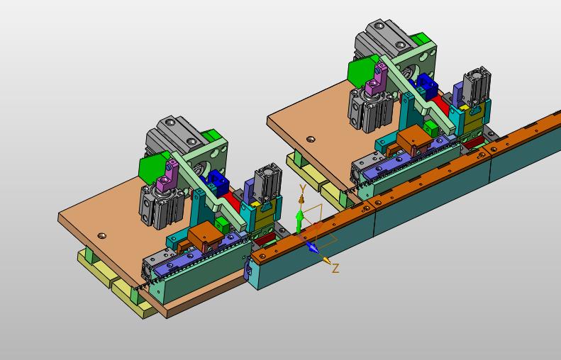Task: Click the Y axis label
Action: pyautogui.click(x=303, y=189)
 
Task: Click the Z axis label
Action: pyautogui.click(x=335, y=268)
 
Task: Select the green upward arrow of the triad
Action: pyautogui.click(x=300, y=220)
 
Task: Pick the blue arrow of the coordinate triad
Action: pyautogui.click(x=311, y=247)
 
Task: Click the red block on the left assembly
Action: pyautogui.click(x=232, y=203)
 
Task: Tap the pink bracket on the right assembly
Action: pyautogui.click(x=377, y=79)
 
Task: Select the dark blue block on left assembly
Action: pyautogui.click(x=217, y=182)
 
